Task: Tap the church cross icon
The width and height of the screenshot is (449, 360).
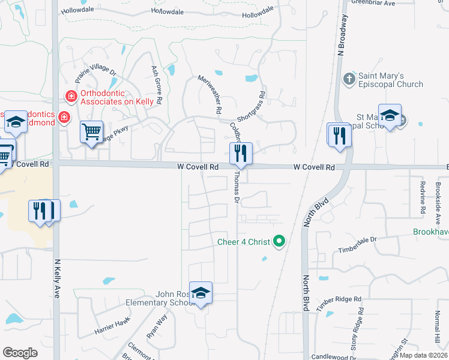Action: coord(349,79)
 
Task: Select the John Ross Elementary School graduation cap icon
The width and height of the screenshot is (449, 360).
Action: coord(201,292)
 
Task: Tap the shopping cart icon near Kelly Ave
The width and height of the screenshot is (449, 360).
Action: coord(91,131)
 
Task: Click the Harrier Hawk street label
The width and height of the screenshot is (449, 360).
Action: coord(112,326)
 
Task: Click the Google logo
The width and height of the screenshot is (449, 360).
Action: coord(20,352)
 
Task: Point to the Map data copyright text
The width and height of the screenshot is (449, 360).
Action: coord(424,355)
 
